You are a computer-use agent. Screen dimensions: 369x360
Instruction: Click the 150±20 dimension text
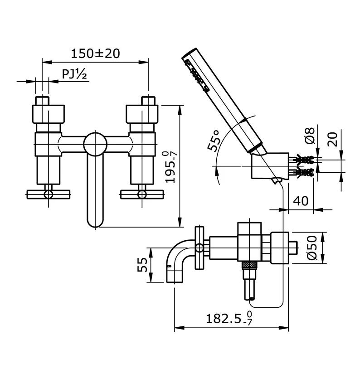(95, 53)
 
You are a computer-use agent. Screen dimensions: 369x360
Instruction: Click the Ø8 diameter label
(310, 136)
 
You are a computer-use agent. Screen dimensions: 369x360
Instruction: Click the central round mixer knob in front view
(95, 145)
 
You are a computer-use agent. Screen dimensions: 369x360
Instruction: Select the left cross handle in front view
(48, 194)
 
